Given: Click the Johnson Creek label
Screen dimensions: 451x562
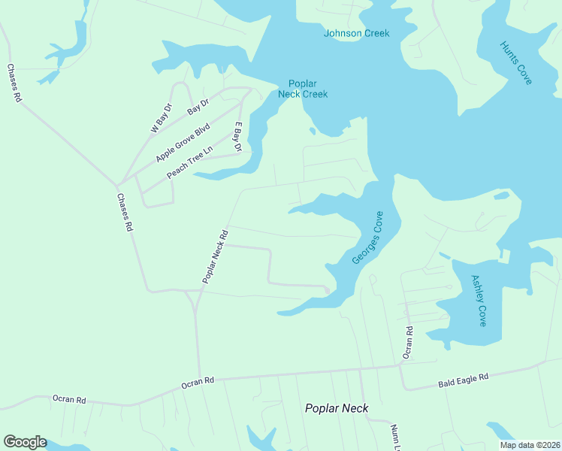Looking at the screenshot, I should coord(356,33).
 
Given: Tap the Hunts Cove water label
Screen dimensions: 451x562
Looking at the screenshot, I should coord(516,63).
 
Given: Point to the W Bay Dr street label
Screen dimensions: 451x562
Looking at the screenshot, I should coord(162,118).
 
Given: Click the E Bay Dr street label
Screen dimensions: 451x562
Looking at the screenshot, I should coord(238,137).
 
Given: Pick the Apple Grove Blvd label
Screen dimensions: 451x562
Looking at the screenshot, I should coord(182,144).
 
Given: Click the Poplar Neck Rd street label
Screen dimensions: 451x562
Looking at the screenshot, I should coord(215,256).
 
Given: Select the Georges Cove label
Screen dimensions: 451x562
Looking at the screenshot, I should coord(367,238).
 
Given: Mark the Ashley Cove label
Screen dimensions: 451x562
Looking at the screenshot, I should coord(479,300).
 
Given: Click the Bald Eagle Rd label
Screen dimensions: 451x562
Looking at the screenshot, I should coord(464,381).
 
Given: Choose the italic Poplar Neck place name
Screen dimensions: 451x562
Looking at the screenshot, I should coord(336,408).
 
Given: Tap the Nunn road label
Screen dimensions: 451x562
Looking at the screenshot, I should coord(395,437).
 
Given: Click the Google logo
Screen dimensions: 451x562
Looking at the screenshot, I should coord(25,442).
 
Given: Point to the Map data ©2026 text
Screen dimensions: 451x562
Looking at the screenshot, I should coord(529,445).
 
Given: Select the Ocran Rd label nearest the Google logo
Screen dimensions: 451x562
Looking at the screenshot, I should coord(69,399).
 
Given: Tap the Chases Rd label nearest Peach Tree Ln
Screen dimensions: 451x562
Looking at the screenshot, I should coord(125,212).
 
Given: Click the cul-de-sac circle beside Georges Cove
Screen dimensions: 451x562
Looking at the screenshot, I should coord(327,289).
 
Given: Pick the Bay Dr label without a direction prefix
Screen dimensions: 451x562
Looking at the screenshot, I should coord(198,109).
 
